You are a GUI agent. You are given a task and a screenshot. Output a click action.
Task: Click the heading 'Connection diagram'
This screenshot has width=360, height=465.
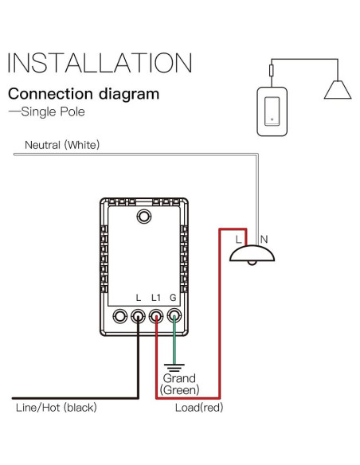(x=84, y=94)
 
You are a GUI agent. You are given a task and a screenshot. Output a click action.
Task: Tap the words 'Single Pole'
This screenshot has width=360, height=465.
(x=50, y=111)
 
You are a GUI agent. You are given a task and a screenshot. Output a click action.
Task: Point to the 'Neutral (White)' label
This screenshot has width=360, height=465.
(x=62, y=145)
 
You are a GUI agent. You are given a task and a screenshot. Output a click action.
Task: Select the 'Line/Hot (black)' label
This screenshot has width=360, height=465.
(x=55, y=408)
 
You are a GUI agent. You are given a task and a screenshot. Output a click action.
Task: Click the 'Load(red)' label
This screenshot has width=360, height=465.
(x=199, y=408)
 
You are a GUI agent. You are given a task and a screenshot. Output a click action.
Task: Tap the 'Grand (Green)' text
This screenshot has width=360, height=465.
(x=179, y=384)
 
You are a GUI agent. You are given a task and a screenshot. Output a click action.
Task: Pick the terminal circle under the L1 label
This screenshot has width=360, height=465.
(x=155, y=316)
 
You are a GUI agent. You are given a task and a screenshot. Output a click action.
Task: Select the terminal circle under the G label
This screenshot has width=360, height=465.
(x=173, y=316)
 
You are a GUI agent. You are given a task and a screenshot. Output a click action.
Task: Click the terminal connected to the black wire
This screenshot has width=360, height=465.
(x=138, y=316)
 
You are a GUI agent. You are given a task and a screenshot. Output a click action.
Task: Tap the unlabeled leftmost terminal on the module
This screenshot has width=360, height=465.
(x=119, y=316)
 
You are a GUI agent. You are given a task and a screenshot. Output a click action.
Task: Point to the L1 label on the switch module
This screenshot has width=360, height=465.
(x=156, y=297)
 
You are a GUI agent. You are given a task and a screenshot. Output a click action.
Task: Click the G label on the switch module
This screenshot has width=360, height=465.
(x=174, y=297)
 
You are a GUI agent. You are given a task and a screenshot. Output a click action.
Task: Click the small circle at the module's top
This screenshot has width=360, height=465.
(x=144, y=216)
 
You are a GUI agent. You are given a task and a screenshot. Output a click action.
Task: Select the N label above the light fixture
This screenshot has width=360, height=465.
(x=264, y=237)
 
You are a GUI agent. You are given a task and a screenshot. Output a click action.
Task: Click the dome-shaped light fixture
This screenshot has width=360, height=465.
(x=251, y=253)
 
